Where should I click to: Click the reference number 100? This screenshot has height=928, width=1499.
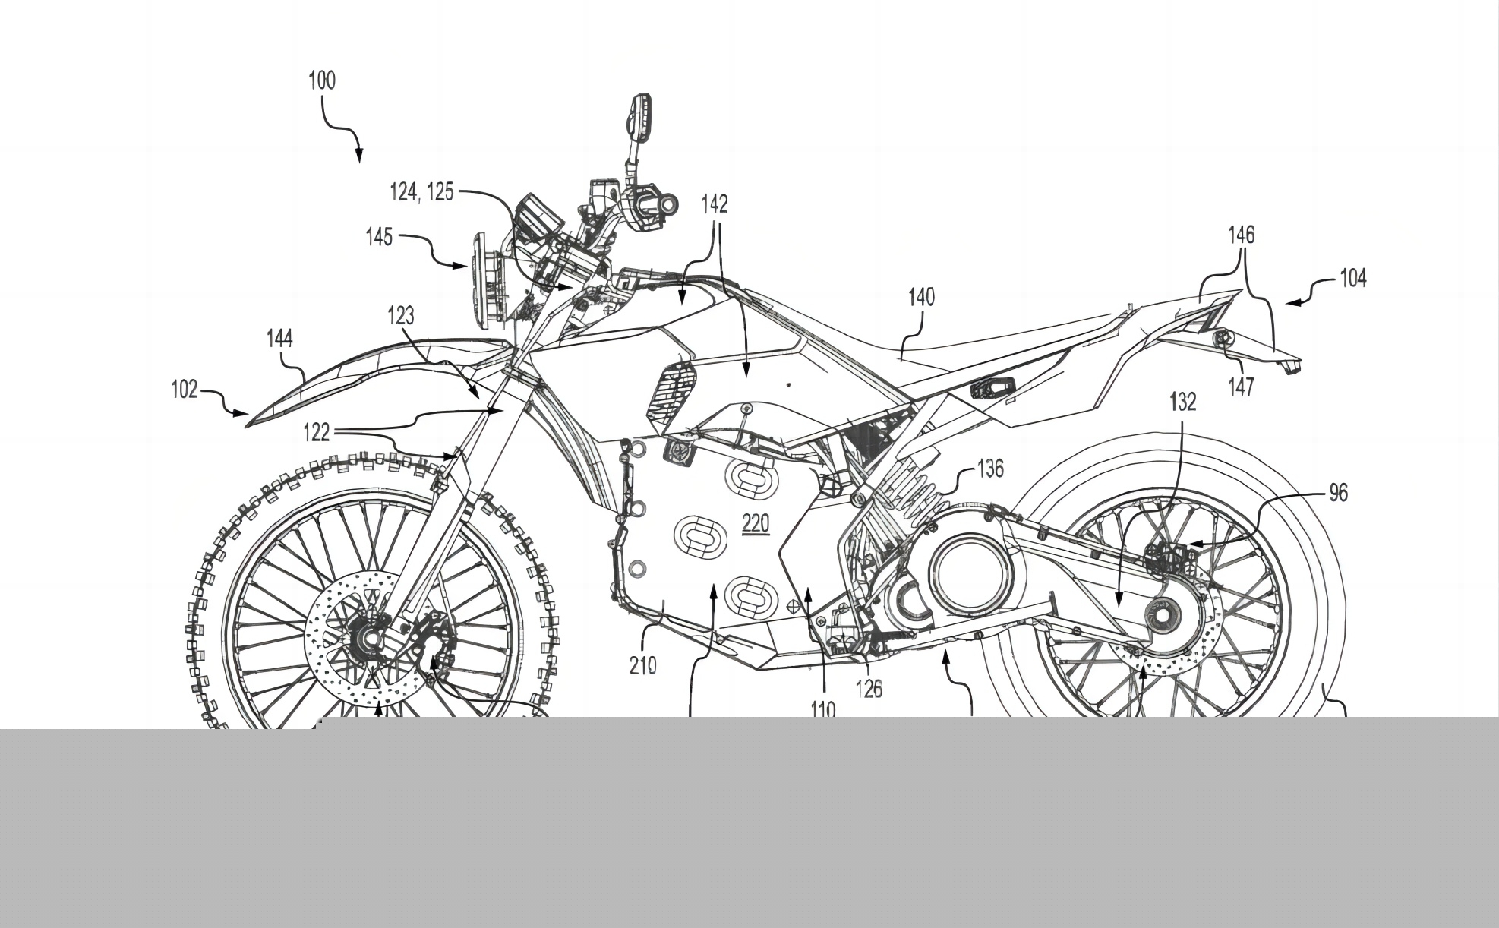(321, 80)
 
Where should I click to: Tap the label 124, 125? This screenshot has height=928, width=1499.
(421, 192)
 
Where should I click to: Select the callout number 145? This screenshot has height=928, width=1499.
(379, 237)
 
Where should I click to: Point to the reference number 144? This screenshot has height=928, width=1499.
(279, 338)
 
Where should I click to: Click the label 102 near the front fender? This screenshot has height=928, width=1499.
(185, 390)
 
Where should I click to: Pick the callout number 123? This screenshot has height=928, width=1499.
(401, 315)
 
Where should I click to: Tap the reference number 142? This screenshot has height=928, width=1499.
(715, 204)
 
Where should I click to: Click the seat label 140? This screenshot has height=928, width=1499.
(920, 297)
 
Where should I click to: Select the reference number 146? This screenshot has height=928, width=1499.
(1242, 235)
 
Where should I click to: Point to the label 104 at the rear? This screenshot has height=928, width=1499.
(1352, 279)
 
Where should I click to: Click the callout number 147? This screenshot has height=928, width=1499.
(1241, 387)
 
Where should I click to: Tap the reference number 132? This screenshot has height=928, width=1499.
(1183, 402)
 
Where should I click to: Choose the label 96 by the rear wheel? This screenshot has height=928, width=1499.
(1338, 494)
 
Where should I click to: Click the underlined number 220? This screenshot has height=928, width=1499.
(756, 523)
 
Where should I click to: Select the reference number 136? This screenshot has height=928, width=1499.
(989, 469)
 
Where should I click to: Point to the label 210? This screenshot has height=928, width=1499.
(642, 666)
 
